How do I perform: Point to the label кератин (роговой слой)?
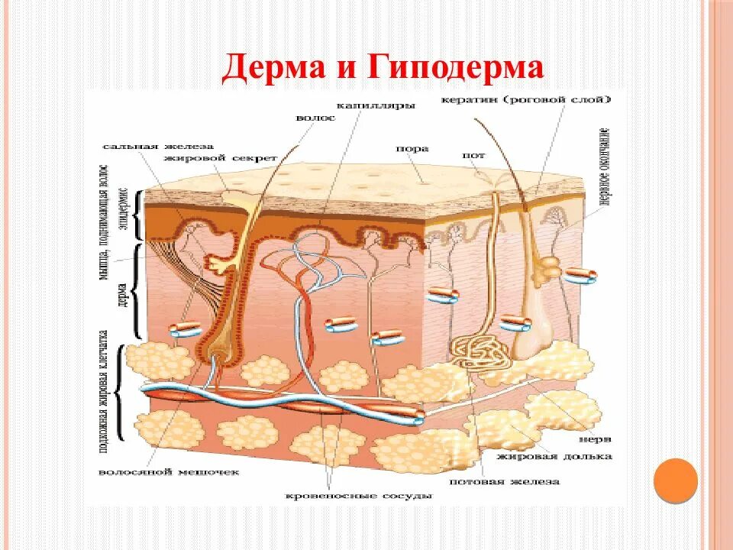point(526,99)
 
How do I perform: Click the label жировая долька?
point(554,456)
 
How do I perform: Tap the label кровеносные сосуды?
point(358,496)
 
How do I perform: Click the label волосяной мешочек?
point(169,472)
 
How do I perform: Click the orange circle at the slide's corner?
point(676,480)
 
